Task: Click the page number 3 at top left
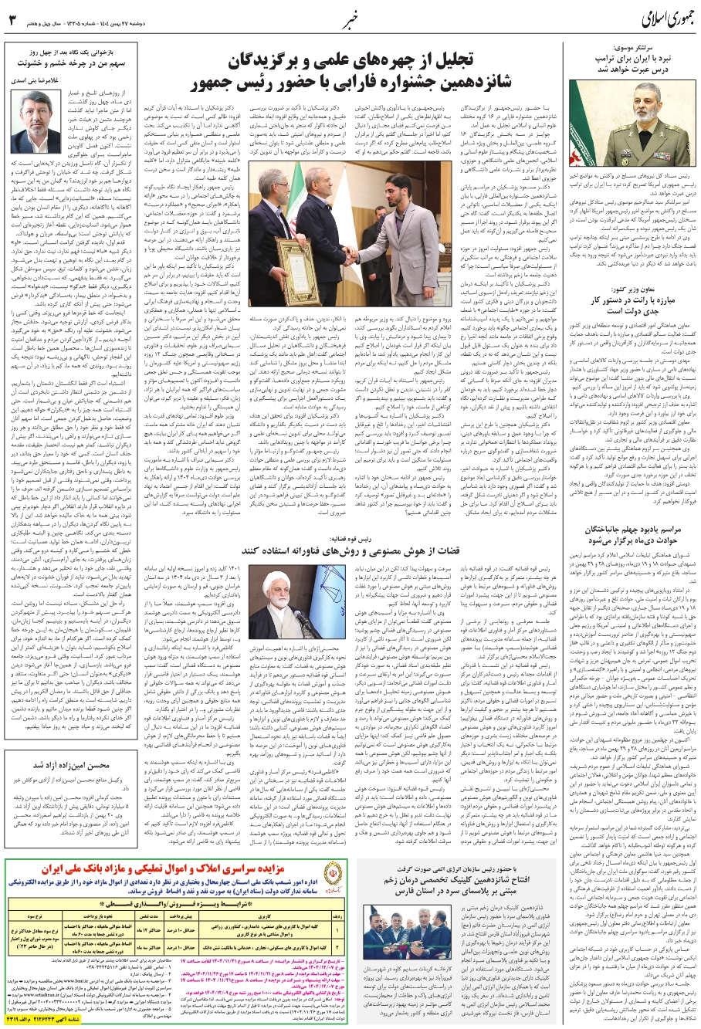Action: tap(12, 18)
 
